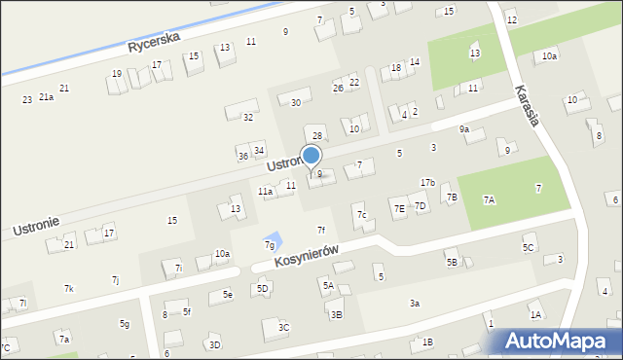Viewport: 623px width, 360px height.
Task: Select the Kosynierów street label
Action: pos(306,257)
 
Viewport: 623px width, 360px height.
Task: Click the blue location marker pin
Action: pos(311,157)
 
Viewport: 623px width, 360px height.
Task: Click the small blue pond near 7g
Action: pos(275,238)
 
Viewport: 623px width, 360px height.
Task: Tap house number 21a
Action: pos(46,97)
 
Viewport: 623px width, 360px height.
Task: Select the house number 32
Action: pos(248,117)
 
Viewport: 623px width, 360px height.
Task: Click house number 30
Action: pos(296,102)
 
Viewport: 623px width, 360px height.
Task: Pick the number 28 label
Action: pos(316,134)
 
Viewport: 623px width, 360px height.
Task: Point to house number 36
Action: pos(242,156)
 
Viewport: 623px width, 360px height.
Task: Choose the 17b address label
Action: pos(427,183)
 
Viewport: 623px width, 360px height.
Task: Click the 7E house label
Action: pos(399,208)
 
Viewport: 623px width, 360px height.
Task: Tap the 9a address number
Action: pos(464,128)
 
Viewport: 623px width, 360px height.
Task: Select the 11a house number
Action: pos(265,192)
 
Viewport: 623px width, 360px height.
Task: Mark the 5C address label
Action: pos(528,248)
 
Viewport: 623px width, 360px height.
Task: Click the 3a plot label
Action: pos(415,304)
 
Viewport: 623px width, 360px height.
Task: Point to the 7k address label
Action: pos(69,289)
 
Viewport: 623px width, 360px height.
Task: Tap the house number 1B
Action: pos(426,342)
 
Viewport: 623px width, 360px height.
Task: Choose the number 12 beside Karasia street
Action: pos(512,20)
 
